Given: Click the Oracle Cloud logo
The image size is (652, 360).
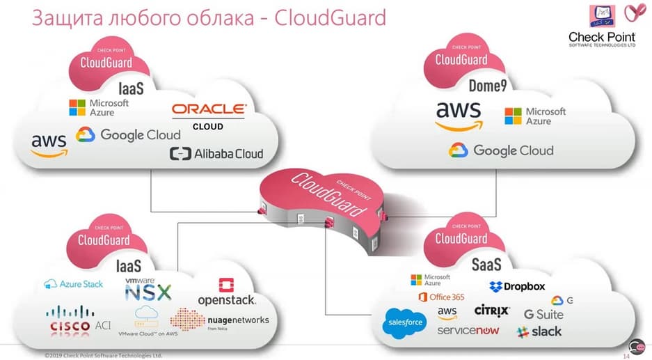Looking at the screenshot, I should pos(208,115).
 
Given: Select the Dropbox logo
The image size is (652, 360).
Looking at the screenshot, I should pos(517,286).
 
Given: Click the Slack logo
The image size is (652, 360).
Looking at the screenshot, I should pos(539,331).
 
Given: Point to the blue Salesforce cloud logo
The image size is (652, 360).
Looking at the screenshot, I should pos(404,323).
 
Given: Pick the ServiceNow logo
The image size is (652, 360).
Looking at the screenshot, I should pos(468,330).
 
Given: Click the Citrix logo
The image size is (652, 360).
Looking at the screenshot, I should pos(492,310).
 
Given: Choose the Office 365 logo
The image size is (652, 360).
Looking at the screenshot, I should pos(441,297).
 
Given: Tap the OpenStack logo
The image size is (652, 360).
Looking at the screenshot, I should pos(226,292).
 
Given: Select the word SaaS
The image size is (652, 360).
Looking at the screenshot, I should pos(486,265).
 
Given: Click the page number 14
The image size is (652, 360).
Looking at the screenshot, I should pos(626,356).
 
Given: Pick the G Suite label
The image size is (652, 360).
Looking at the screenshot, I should pos(543,314).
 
